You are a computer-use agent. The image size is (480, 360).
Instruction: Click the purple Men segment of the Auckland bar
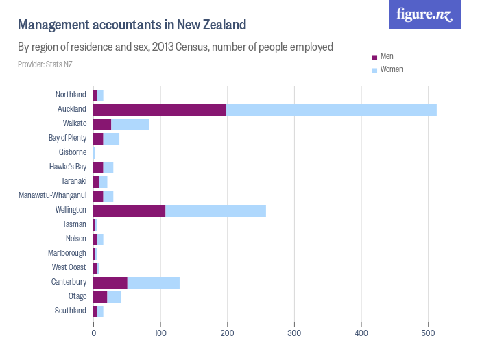[x=160, y=109]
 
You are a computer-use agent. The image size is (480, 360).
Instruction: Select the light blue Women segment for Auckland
[x=331, y=109]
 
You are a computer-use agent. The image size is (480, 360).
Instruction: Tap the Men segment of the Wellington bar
[x=130, y=210]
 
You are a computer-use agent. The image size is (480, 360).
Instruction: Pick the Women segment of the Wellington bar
[x=215, y=210]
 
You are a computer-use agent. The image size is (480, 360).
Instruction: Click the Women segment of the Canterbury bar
[x=154, y=282]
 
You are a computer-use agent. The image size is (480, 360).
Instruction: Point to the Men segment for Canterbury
[x=110, y=282]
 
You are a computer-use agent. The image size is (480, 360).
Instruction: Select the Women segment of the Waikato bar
[x=130, y=123]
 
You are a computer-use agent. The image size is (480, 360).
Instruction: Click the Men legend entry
[x=386, y=56]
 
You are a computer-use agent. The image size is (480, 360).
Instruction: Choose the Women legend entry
[x=391, y=69]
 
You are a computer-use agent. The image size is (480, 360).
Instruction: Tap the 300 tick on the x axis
[x=294, y=334]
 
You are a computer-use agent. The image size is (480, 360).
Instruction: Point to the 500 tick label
[x=428, y=334]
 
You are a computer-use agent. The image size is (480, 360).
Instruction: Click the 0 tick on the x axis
[x=93, y=334]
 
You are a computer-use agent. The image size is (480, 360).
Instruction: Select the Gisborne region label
[x=72, y=152]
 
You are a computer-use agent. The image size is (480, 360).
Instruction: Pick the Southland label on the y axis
[x=71, y=311]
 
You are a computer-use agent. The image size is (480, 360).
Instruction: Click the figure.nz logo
[x=424, y=14]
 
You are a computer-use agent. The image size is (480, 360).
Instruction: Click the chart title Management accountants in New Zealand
[x=132, y=25]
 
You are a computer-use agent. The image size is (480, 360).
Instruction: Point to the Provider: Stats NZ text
[x=45, y=64]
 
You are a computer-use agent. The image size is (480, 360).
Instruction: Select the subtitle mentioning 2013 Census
[x=176, y=47]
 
